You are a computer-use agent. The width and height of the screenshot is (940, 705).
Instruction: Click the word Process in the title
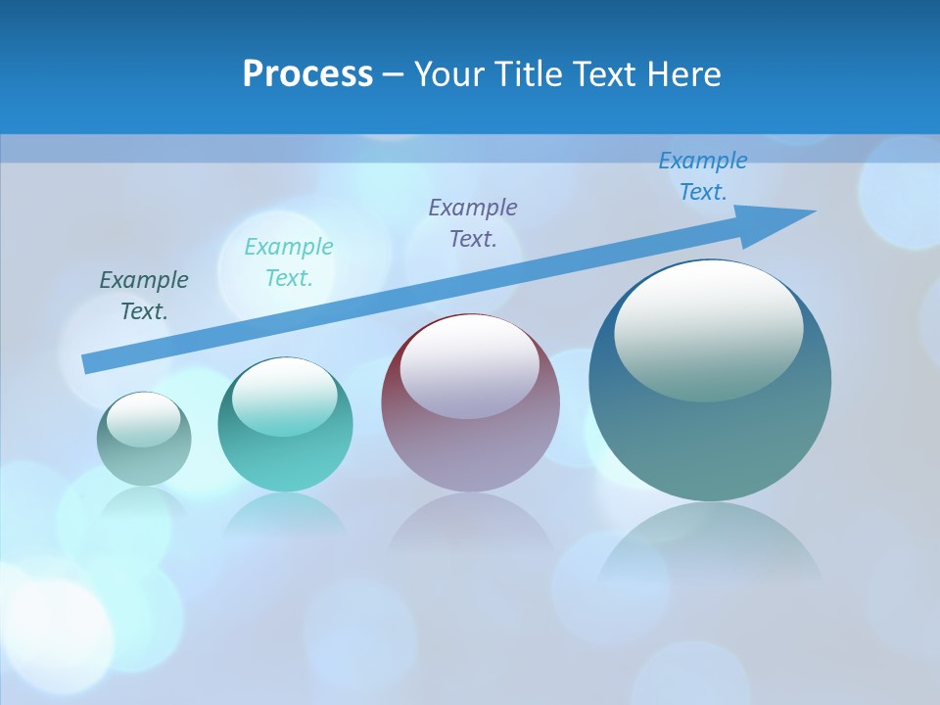(x=307, y=74)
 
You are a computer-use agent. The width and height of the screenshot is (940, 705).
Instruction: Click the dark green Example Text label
(x=144, y=295)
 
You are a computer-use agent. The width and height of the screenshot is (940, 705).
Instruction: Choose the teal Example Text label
(x=289, y=261)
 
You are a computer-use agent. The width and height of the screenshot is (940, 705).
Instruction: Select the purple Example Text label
(x=473, y=222)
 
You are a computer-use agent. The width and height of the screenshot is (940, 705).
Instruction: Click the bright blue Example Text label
(x=703, y=176)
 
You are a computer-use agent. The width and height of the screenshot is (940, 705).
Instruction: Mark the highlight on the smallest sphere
(x=144, y=420)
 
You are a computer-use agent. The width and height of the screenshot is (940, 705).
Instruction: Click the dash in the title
(x=394, y=74)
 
